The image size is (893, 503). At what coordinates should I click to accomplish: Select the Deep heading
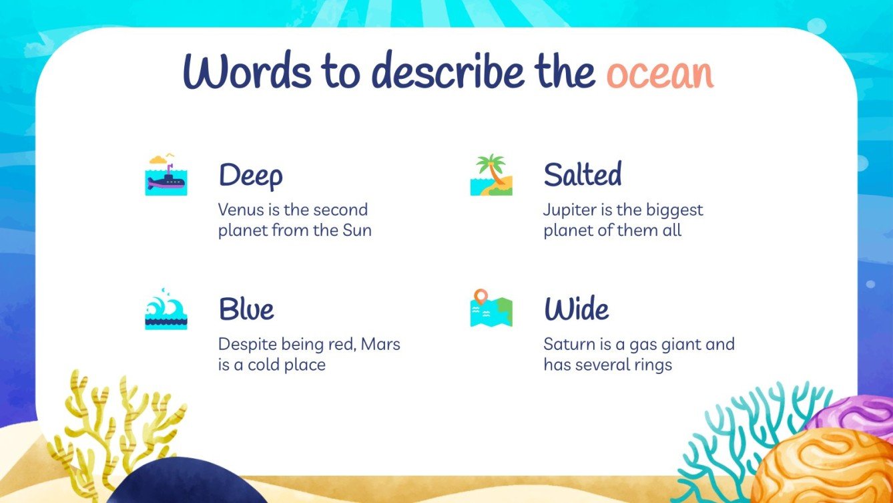250,176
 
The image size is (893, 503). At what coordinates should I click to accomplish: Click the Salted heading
582,174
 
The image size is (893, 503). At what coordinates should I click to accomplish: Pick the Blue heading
246,309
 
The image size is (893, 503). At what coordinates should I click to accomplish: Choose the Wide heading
576,309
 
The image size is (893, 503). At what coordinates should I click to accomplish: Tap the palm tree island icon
491,175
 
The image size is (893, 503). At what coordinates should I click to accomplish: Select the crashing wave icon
166,309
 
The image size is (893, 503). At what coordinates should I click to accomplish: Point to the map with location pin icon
491,309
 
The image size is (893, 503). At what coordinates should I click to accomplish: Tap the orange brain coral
821,468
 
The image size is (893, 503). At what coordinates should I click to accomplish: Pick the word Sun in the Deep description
357,231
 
